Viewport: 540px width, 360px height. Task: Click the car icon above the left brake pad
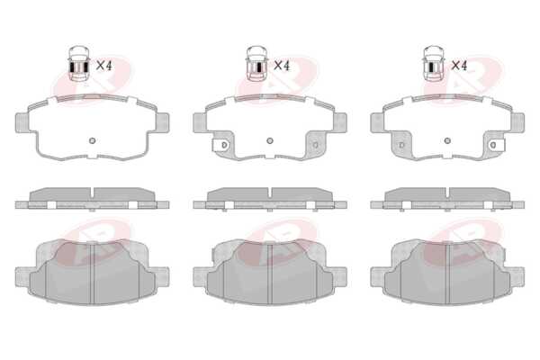(79, 63)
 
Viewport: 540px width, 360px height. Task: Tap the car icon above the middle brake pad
(256, 63)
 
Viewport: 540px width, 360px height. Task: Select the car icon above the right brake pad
(434, 63)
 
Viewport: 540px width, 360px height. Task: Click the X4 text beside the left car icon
(104, 66)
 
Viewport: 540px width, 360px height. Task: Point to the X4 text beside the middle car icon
(282, 66)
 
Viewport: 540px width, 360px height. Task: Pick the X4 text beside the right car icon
(459, 66)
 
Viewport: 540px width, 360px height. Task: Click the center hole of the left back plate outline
(92, 140)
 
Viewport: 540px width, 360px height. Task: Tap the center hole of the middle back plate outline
(270, 140)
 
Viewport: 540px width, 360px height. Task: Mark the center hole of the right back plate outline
(447, 140)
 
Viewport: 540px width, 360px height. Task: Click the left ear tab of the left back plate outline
(22, 122)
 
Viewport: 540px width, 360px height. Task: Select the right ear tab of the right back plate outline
(518, 122)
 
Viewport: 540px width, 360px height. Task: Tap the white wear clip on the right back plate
(497, 145)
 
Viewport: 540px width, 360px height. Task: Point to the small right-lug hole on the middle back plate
(316, 145)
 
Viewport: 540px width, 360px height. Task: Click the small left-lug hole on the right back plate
(401, 145)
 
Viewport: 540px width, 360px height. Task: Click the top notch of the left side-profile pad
(92, 193)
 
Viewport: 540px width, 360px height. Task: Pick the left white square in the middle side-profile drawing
(229, 205)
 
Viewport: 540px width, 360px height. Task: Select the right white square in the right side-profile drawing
(488, 205)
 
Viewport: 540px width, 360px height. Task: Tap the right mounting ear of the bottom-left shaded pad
(162, 276)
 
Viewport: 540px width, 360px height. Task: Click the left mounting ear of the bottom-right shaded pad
(377, 276)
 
